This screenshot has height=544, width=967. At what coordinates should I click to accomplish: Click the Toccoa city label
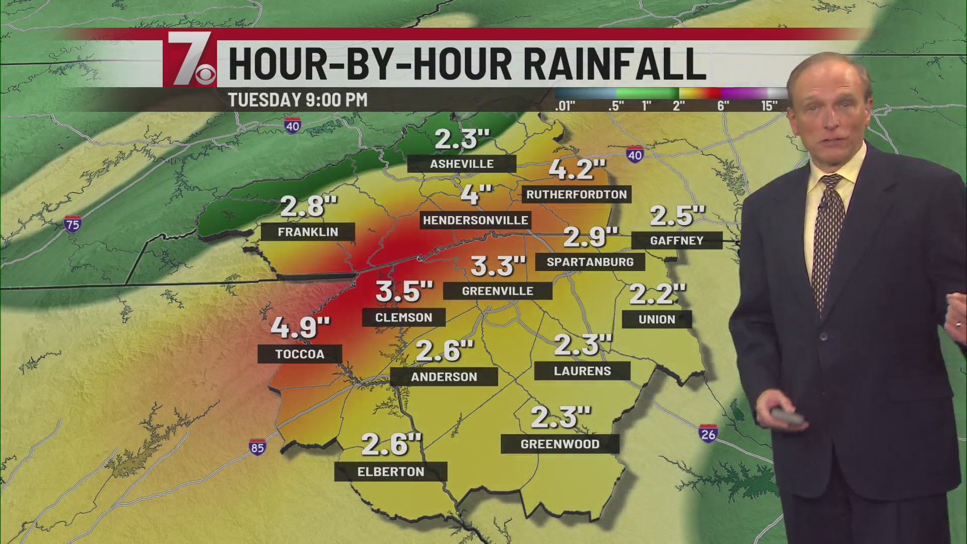pos(300,354)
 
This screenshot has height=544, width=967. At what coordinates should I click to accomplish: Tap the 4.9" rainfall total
pos(300,327)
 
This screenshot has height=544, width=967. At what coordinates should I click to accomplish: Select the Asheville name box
pos(461,164)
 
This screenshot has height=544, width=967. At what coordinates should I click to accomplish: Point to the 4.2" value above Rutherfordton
pos(577,169)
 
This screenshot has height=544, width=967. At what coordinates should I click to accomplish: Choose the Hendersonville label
pos(475,220)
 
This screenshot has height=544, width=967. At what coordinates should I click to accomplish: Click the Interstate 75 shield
pos(73,224)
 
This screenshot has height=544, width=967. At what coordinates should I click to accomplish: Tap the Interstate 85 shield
pos(257,447)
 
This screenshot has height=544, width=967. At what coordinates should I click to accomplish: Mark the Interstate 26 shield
pos(708,434)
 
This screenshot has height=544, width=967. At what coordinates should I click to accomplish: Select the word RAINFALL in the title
pos(608,64)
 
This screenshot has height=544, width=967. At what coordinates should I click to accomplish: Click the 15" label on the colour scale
pos(769,106)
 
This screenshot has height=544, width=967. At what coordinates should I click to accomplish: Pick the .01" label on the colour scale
pos(565,106)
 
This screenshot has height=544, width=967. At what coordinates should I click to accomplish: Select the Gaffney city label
pos(676,240)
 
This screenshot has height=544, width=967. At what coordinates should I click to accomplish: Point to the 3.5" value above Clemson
pos(404,291)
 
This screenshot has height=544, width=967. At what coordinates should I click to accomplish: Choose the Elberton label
pos(391,471)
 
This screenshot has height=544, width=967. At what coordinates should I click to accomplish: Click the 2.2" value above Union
pos(657,294)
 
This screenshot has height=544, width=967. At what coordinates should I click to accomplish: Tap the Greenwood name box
pos(560,444)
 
